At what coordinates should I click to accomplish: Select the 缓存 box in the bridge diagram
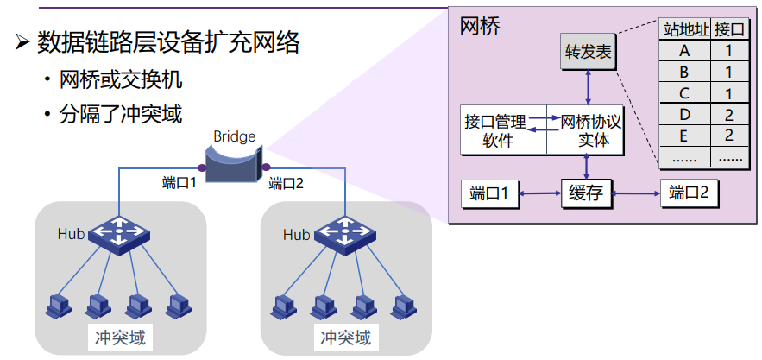pyautogui.click(x=586, y=193)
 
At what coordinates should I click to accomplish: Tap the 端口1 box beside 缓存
pyautogui.click(x=494, y=193)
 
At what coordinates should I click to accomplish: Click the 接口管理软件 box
pyautogui.click(x=503, y=130)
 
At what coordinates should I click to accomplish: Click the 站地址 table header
pyautogui.click(x=686, y=29)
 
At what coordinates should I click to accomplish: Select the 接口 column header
pyautogui.click(x=729, y=29)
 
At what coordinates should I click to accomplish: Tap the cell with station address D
pyautogui.click(x=686, y=114)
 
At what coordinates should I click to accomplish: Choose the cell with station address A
pyautogui.click(x=686, y=51)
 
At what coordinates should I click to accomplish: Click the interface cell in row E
pyautogui.click(x=729, y=136)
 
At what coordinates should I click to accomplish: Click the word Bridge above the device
pyautogui.click(x=234, y=136)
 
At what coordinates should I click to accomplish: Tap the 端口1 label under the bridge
pyautogui.click(x=179, y=182)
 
